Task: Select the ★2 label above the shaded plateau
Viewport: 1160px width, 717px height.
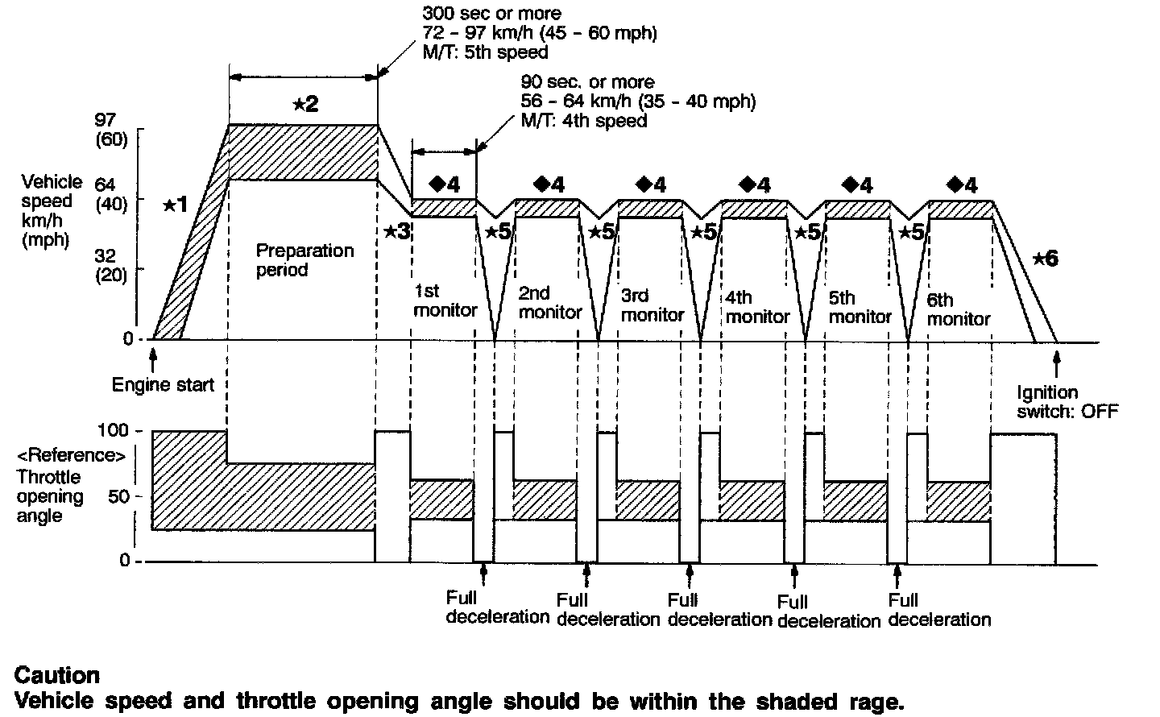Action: point(304,103)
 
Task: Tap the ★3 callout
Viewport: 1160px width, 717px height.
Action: point(397,231)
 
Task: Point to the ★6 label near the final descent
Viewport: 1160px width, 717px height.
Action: point(1045,259)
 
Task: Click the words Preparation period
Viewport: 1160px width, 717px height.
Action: point(304,259)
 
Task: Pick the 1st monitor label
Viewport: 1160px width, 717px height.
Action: point(445,300)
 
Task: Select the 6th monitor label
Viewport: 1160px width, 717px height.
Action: point(958,309)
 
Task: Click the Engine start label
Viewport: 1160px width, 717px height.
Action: point(163,384)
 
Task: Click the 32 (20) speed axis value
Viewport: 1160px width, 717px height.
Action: point(111,263)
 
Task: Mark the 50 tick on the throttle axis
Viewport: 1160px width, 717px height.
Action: point(118,495)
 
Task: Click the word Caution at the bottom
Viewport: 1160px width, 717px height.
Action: point(57,674)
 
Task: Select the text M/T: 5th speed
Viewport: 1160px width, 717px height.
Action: point(485,52)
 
